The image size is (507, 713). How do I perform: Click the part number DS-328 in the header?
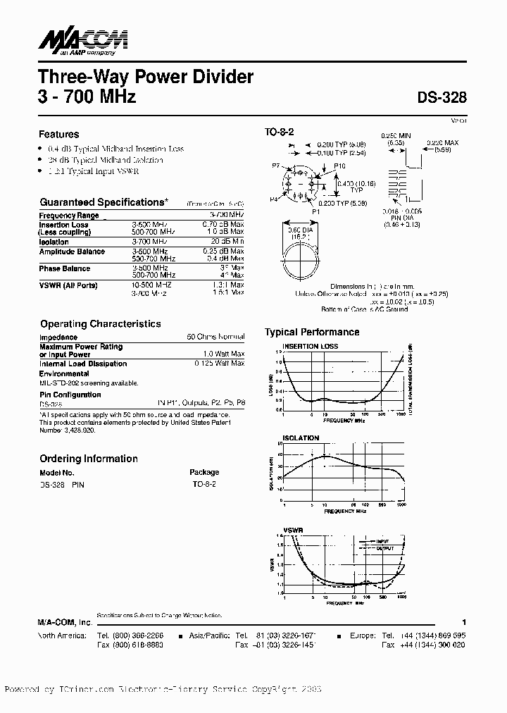442,99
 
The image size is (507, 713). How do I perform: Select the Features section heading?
58,134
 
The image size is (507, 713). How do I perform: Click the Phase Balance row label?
65,268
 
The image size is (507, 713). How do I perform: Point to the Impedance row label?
58,337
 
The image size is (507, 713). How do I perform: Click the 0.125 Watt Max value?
219,364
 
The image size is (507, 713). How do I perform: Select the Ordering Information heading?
88,459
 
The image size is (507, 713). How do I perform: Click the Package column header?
204,472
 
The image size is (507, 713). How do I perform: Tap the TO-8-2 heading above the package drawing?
280,132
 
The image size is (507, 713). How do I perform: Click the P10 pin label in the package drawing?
339,166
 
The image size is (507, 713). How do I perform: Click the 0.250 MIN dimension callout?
395,135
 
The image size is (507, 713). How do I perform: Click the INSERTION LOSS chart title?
310,346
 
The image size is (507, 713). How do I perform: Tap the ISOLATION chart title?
301,438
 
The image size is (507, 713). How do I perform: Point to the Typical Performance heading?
312,332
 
